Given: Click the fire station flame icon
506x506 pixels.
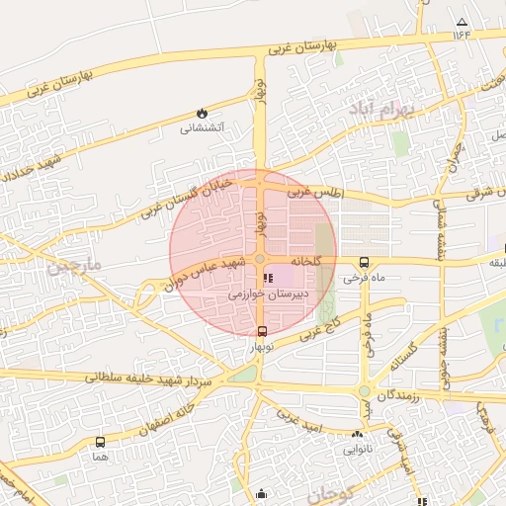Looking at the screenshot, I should click(x=203, y=113).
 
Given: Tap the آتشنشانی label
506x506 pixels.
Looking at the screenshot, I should click(x=202, y=127).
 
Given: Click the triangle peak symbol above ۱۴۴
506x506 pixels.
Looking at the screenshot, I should click(x=462, y=21).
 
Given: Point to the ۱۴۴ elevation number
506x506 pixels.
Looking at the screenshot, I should click(x=462, y=35).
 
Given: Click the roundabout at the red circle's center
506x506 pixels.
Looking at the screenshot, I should click(x=259, y=259).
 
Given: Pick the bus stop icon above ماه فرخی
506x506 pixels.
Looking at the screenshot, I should click(x=365, y=262).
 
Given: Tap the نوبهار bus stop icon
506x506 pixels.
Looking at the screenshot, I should click(x=261, y=331).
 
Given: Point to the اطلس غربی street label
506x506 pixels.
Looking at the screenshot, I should click(x=313, y=194).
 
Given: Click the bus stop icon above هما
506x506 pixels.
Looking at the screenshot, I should click(x=100, y=442).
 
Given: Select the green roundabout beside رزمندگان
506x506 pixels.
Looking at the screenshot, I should click(x=364, y=392).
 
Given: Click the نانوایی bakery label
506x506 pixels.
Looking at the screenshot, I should click(x=357, y=448).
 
